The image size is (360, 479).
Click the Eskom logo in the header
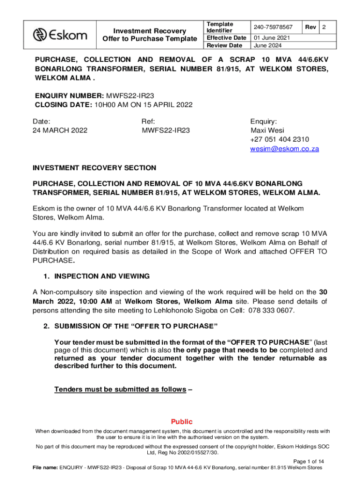60,34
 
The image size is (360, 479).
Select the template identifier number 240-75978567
273,27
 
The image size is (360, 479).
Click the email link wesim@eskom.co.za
285,149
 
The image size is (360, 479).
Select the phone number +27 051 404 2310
280,139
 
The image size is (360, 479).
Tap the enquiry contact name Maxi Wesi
267,130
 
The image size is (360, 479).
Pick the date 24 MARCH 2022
60,130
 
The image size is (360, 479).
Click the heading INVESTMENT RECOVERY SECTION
94,168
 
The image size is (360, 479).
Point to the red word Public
181,421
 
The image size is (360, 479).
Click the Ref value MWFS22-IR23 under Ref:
166,130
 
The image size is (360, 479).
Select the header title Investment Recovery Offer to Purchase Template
150,35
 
